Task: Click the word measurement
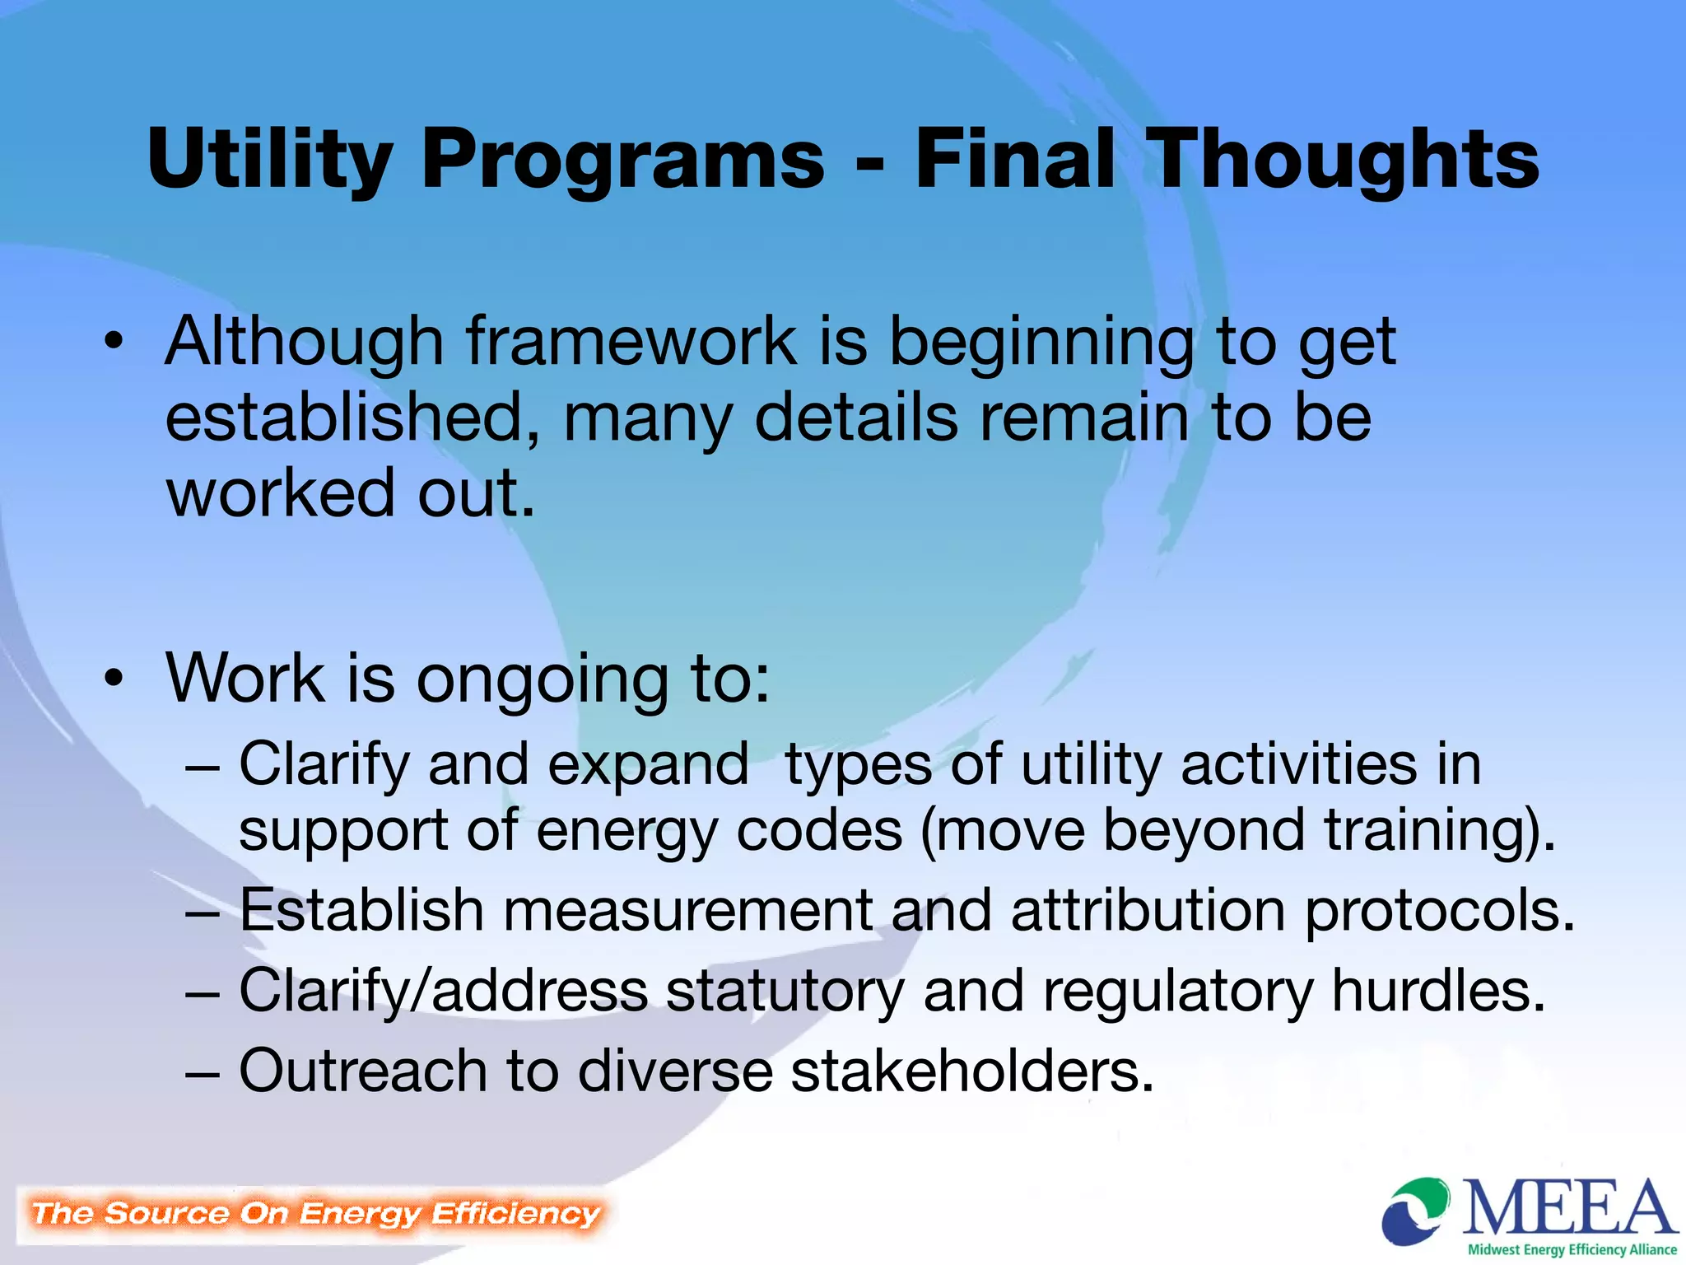(687, 911)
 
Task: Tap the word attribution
(1148, 911)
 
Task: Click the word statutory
(785, 992)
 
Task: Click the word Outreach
(363, 1071)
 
